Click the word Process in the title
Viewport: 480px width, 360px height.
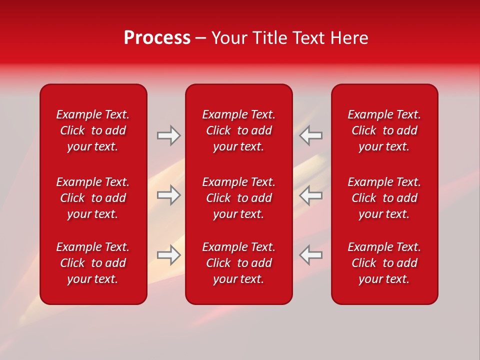(x=157, y=38)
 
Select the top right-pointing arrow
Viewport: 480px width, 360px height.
(x=168, y=135)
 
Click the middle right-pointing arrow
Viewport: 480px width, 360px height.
(x=168, y=195)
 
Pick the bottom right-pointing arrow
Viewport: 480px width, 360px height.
(x=168, y=255)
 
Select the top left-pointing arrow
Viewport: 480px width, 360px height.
(x=311, y=135)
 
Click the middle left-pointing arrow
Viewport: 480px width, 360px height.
(x=311, y=195)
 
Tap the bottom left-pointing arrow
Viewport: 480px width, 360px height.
(x=311, y=255)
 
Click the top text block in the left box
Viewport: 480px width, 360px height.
(x=93, y=130)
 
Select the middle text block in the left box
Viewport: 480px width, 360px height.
(x=93, y=198)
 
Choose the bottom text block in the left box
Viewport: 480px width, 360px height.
(x=93, y=263)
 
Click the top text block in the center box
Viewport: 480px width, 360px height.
(x=238, y=130)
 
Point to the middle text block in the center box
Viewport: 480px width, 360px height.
(x=238, y=198)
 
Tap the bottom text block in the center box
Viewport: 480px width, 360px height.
(x=238, y=263)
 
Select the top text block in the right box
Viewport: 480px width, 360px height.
(x=384, y=130)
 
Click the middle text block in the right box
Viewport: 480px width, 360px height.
(x=384, y=198)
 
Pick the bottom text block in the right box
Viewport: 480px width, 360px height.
(x=384, y=263)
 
